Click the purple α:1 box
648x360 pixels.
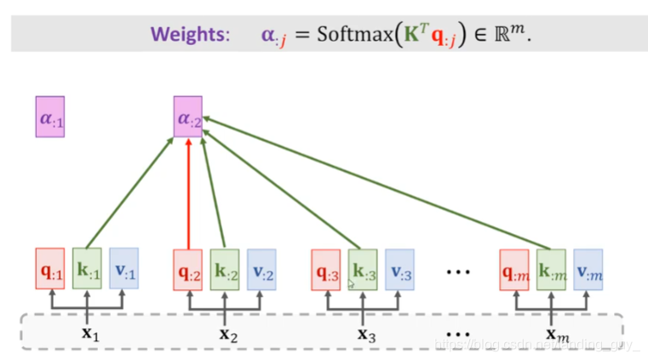pyautogui.click(x=49, y=118)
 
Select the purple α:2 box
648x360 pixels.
pyautogui.click(x=187, y=118)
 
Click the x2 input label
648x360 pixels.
pyautogui.click(x=228, y=334)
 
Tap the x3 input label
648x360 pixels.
pyautogui.click(x=366, y=334)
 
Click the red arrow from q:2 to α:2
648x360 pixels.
pyautogui.click(x=187, y=196)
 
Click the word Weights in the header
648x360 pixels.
pyautogui.click(x=190, y=35)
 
